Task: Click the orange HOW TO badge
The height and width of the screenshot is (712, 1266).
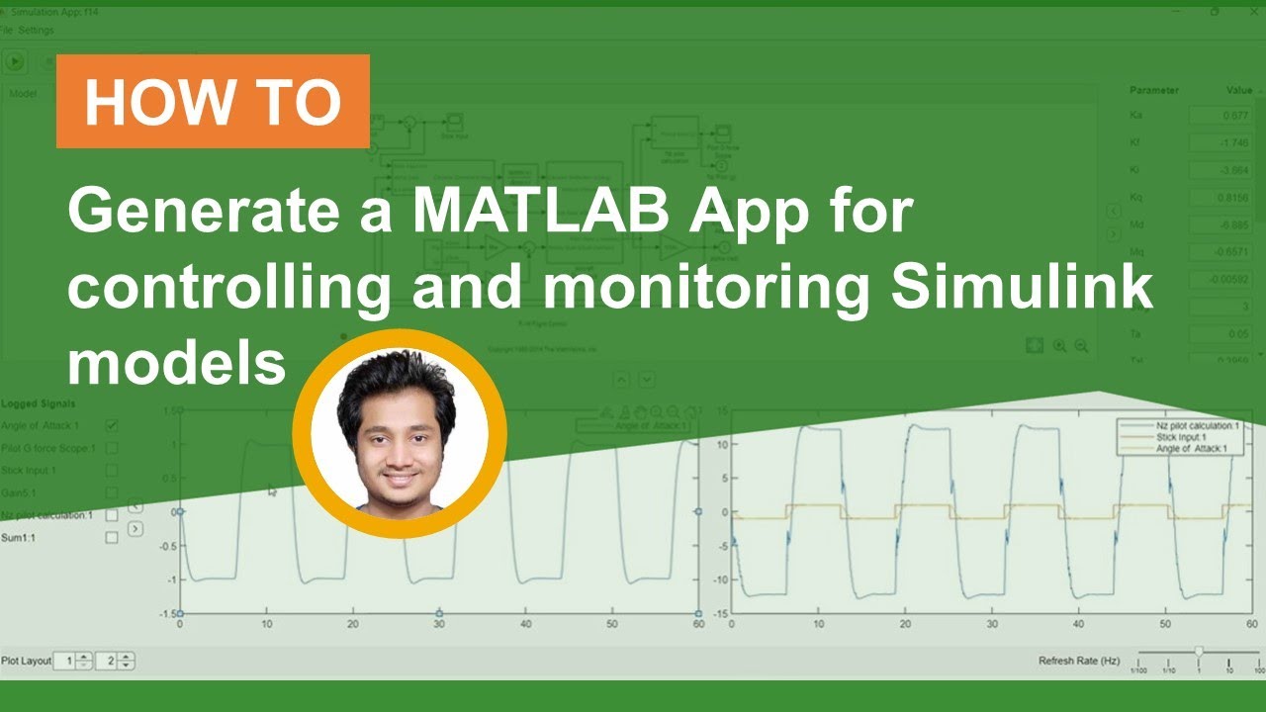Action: [x=213, y=101]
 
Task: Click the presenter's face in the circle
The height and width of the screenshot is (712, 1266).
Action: [x=398, y=436]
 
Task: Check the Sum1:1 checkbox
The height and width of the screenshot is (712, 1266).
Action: [x=112, y=537]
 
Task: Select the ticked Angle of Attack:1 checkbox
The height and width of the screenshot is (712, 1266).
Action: [x=112, y=425]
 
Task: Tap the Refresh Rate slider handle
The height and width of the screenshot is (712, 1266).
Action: [x=1199, y=652]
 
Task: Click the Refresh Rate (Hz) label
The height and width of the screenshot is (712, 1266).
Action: [x=1079, y=661]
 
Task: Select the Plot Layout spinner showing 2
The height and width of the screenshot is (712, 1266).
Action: [x=117, y=661]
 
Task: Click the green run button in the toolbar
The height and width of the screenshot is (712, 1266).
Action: [x=15, y=61]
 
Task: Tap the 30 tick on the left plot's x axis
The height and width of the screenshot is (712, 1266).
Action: [x=438, y=625]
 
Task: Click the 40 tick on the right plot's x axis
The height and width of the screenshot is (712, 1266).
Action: [x=1077, y=625]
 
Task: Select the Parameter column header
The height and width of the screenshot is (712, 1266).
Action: [x=1154, y=90]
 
